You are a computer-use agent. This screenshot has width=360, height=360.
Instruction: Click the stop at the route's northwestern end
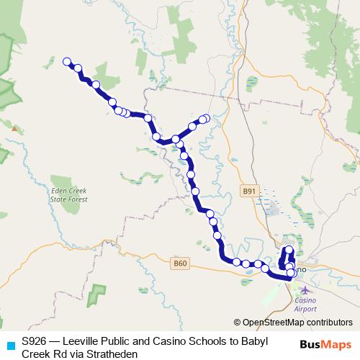(68, 62)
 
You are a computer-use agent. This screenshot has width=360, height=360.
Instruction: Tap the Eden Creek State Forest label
(68, 196)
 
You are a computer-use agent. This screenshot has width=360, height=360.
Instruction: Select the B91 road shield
(249, 191)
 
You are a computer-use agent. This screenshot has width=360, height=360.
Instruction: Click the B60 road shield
(180, 264)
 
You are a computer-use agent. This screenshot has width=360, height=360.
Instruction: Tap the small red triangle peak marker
(14, 128)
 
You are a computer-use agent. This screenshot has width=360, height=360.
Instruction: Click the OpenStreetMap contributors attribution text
(297, 323)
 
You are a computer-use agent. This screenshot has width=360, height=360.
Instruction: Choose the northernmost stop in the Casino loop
(290, 250)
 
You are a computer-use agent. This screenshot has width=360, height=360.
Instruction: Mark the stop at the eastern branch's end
(206, 118)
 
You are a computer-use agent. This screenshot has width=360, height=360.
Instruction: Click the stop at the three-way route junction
(176, 139)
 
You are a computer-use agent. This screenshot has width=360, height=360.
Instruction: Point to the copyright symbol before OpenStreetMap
(238, 323)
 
